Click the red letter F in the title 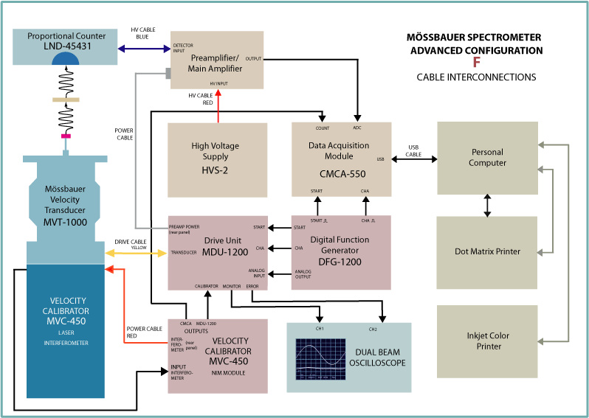476,63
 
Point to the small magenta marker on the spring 66,136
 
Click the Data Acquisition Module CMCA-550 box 341,159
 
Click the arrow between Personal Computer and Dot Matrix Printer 486,205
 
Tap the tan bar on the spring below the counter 66,99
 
